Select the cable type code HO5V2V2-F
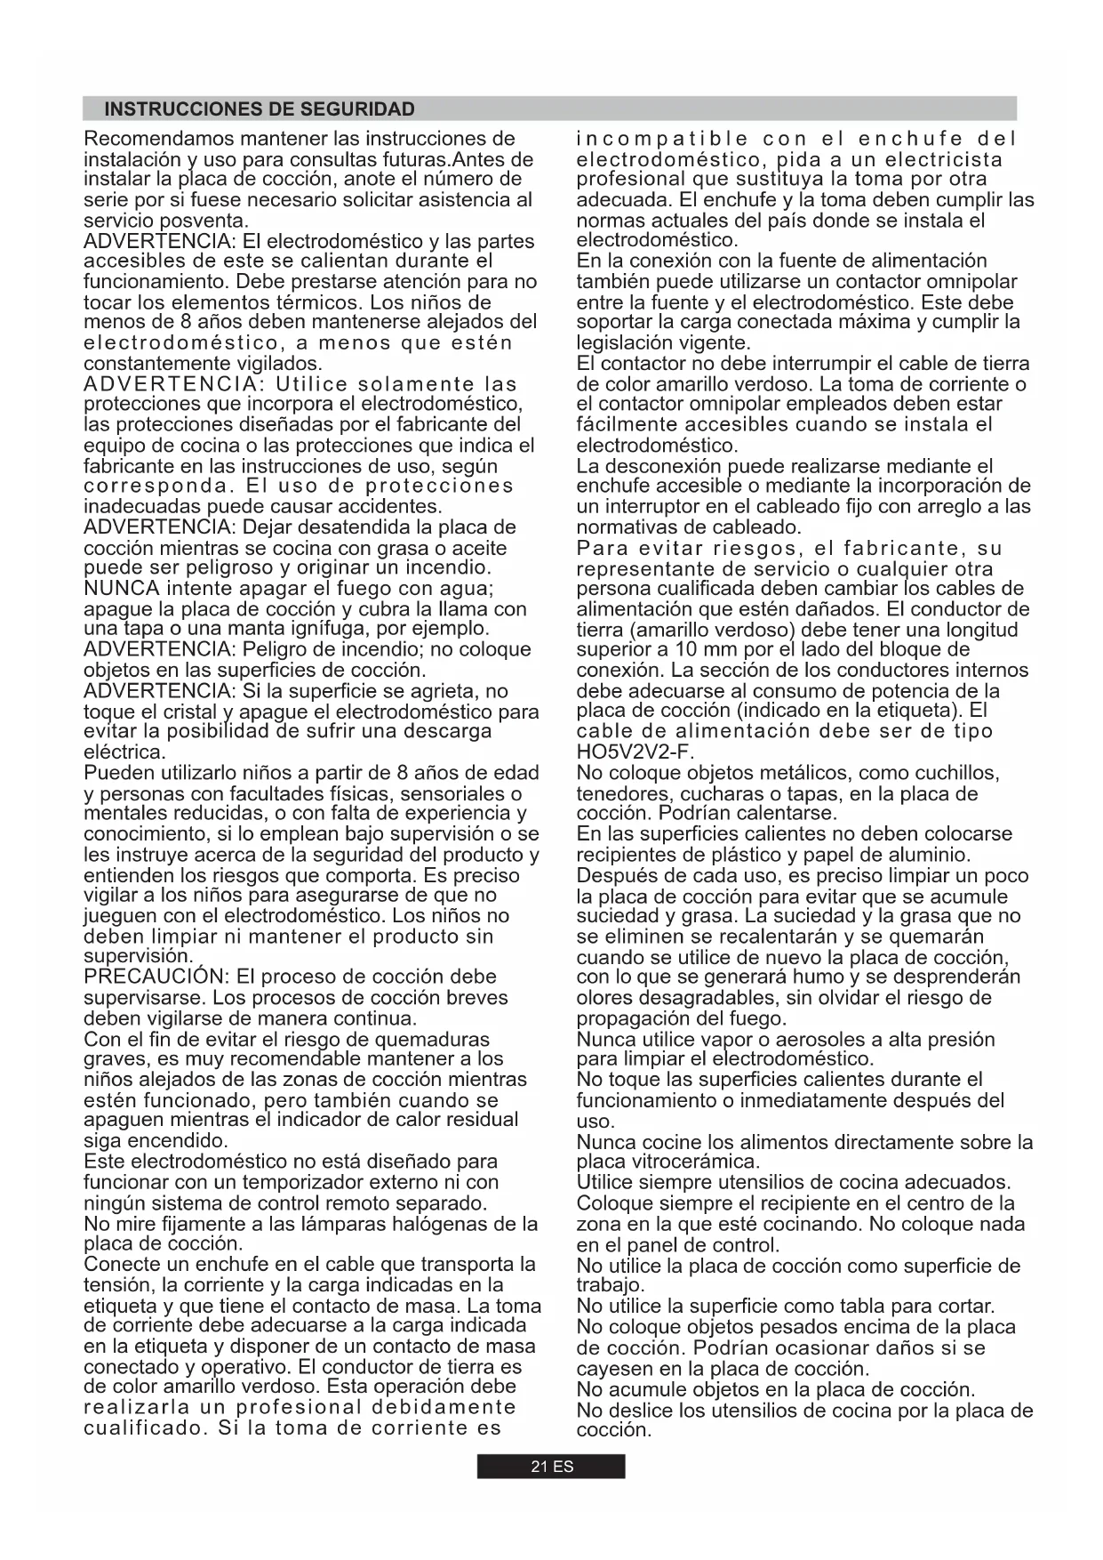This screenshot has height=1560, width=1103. tap(635, 752)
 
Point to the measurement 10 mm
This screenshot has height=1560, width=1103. tap(698, 649)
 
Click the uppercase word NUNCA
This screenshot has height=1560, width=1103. tap(122, 589)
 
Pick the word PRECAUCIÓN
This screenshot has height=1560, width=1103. tap(156, 977)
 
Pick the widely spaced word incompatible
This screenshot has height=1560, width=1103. tap(662, 139)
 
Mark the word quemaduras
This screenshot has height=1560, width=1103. tap(432, 1040)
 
